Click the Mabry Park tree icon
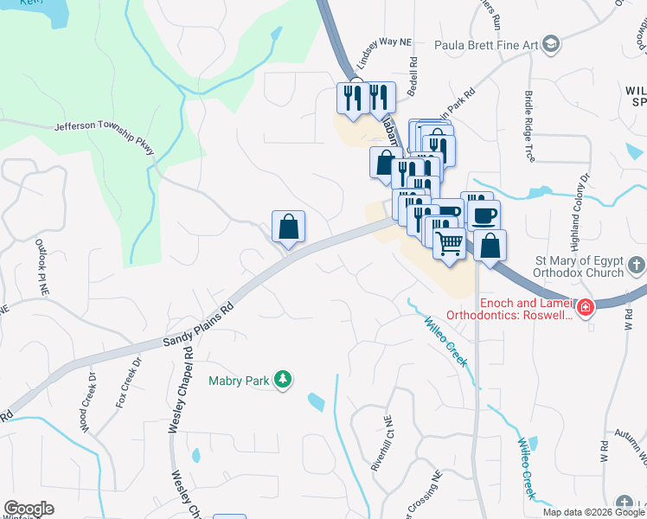[282, 379]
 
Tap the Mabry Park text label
[240, 380]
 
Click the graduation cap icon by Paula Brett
[551, 44]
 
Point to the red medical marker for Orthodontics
[586, 307]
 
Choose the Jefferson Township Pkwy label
[104, 138]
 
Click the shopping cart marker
[449, 246]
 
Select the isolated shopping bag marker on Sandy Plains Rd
[289, 227]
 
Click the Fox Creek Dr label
[127, 381]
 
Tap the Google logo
[29, 509]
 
